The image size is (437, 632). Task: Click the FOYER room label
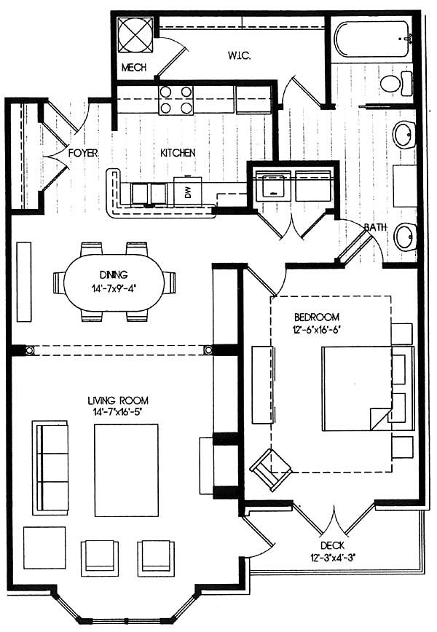click(x=82, y=153)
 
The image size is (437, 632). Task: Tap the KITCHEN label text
click(x=178, y=153)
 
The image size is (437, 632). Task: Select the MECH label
click(x=134, y=67)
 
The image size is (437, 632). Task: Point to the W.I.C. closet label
click(x=239, y=55)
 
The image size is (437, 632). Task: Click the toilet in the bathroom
click(x=396, y=84)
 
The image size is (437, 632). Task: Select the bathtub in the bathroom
click(x=372, y=39)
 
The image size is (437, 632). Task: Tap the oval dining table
click(x=114, y=283)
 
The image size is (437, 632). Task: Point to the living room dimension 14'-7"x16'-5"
click(x=118, y=411)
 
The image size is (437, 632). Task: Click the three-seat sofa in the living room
click(x=50, y=467)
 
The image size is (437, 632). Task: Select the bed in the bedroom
click(x=368, y=389)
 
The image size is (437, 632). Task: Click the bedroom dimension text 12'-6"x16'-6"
click(x=315, y=330)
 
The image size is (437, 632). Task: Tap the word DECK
click(x=333, y=546)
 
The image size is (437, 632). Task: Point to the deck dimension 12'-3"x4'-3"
click(x=333, y=558)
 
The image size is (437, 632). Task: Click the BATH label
click(x=375, y=227)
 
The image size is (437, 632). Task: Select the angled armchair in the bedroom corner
click(x=271, y=469)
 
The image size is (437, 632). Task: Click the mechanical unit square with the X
click(x=135, y=35)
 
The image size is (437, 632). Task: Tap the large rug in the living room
click(x=126, y=470)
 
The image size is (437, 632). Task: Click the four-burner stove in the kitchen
click(x=176, y=100)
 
